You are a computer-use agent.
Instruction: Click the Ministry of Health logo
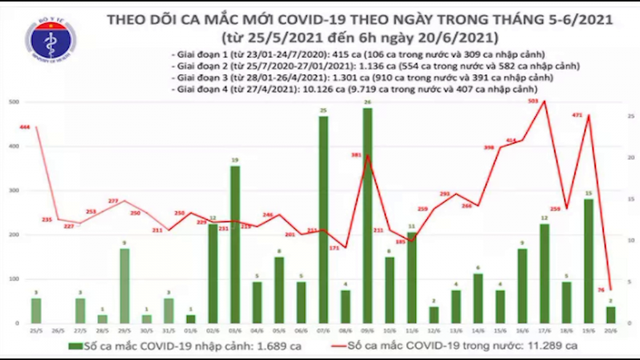[50, 40]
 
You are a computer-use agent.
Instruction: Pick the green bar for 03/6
[235, 245]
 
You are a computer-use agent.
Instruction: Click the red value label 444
[25, 127]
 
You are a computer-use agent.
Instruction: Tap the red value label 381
[357, 155]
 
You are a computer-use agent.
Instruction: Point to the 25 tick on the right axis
[630, 116]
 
